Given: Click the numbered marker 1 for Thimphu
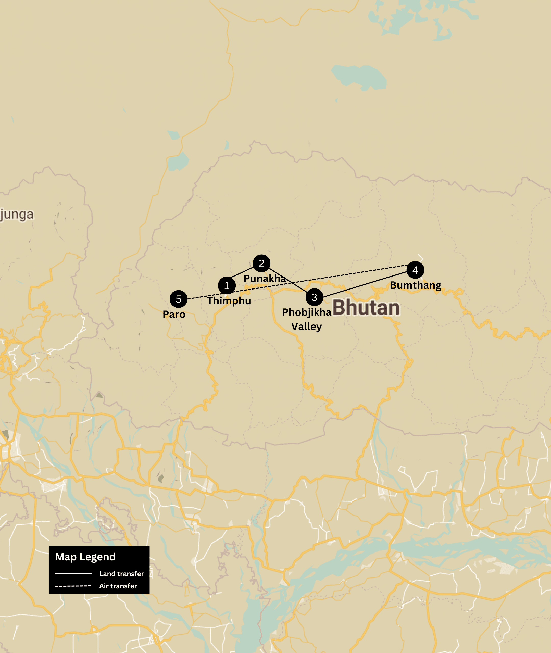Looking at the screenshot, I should tap(227, 285).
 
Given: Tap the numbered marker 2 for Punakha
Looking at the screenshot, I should tap(261, 263).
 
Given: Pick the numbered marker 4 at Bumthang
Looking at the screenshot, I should tap(415, 270).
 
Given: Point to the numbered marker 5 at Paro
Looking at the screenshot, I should tap(178, 299).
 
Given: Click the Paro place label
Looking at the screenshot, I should tap(174, 314).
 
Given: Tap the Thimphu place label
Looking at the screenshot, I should tap(229, 301).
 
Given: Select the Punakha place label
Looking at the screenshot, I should tap(265, 279).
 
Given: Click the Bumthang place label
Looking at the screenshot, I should tap(416, 285).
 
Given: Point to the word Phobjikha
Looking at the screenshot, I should tap(306, 312).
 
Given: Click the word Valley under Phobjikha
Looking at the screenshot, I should tap(306, 327).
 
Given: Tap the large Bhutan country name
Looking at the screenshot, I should tap(366, 308).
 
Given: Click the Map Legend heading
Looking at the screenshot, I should tap(85, 557).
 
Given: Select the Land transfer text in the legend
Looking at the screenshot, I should tap(121, 574).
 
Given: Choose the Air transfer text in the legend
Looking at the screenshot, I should tap(118, 586).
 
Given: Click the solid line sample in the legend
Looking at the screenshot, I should tap(73, 574).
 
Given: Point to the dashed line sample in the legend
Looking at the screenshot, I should tap(73, 586).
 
